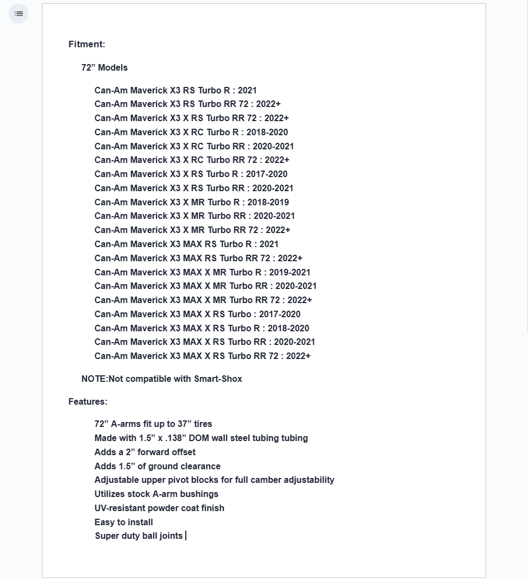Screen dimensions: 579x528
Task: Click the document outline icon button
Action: point(18,14)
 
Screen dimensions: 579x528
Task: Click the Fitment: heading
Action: point(87,44)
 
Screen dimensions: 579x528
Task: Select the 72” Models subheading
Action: point(104,67)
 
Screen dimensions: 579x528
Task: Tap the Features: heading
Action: point(87,401)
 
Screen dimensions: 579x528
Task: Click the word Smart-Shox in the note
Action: point(218,379)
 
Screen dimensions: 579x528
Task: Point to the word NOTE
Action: point(94,379)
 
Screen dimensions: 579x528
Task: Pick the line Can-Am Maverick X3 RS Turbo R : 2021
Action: point(175,90)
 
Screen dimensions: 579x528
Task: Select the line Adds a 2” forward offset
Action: point(145,452)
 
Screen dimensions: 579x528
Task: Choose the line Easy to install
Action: point(124,522)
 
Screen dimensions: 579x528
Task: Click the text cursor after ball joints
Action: point(186,536)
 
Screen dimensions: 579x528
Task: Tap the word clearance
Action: point(200,466)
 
